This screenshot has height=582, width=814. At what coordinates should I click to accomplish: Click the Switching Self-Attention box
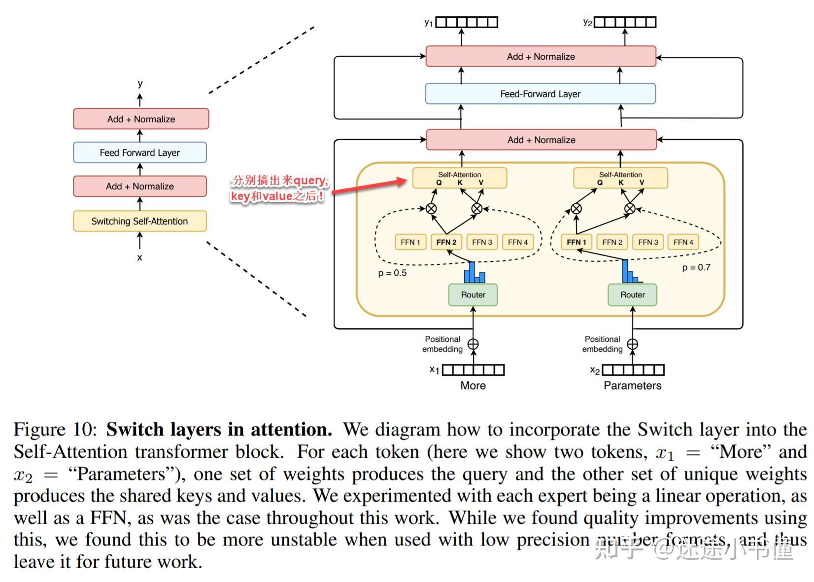pos(139,221)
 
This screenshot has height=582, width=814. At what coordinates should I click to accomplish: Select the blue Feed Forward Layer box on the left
pos(139,152)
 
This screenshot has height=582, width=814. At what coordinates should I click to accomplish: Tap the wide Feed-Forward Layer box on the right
pos(540,94)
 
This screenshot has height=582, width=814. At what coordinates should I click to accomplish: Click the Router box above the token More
pos(473,294)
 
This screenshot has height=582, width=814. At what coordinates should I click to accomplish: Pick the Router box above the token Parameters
pos(632,294)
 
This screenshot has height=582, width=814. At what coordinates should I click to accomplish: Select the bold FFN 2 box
pos(446,242)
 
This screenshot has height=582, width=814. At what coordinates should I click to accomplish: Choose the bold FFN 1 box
pos(576,242)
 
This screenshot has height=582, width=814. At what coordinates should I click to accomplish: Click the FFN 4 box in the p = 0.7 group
pos(683,242)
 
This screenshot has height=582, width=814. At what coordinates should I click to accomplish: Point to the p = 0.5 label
pos(392,273)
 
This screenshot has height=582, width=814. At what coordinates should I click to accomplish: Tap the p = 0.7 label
pos(696,268)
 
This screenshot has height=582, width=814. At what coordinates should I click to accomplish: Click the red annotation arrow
pos(370,187)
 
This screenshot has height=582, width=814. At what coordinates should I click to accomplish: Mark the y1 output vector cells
pos(467,22)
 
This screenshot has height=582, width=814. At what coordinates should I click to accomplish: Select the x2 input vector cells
pos(633,370)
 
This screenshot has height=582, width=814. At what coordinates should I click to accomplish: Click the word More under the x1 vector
pos(473,386)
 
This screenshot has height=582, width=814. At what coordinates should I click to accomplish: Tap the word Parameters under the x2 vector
pos(633,386)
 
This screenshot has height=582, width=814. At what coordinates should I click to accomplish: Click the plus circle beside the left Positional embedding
pos(473,344)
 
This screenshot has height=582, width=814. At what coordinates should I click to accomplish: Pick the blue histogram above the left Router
pos(474,273)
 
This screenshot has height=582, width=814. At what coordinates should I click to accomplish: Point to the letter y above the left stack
pos(140,84)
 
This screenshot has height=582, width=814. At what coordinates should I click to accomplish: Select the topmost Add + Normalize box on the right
pos(541,56)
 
